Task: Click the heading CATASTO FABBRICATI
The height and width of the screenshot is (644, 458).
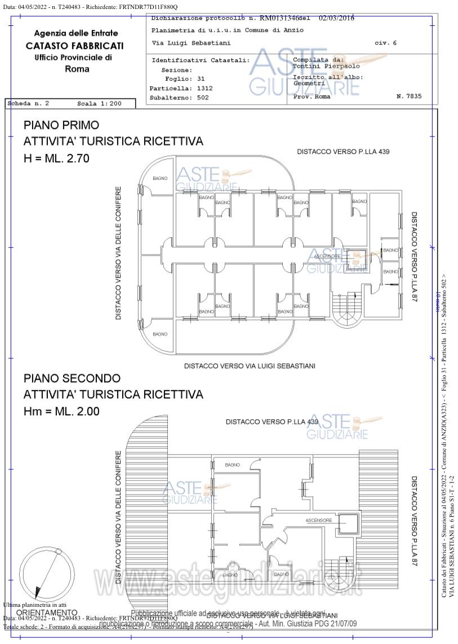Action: point(74,46)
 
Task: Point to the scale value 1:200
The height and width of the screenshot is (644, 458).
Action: point(109,104)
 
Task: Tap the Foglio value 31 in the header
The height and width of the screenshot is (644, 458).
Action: point(201,79)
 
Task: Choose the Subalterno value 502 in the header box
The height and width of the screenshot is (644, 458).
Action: point(203,97)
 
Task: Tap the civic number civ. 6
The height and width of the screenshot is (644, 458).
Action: point(385,43)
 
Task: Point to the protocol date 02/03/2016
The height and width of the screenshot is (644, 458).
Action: point(336,18)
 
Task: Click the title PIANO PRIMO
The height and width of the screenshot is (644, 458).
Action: point(61,125)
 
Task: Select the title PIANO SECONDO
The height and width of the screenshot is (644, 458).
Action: point(72,378)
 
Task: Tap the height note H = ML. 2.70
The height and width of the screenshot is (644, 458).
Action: point(56,159)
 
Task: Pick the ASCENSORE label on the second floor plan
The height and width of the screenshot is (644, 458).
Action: point(319,520)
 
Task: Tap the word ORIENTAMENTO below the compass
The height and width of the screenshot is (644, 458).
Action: point(47,612)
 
